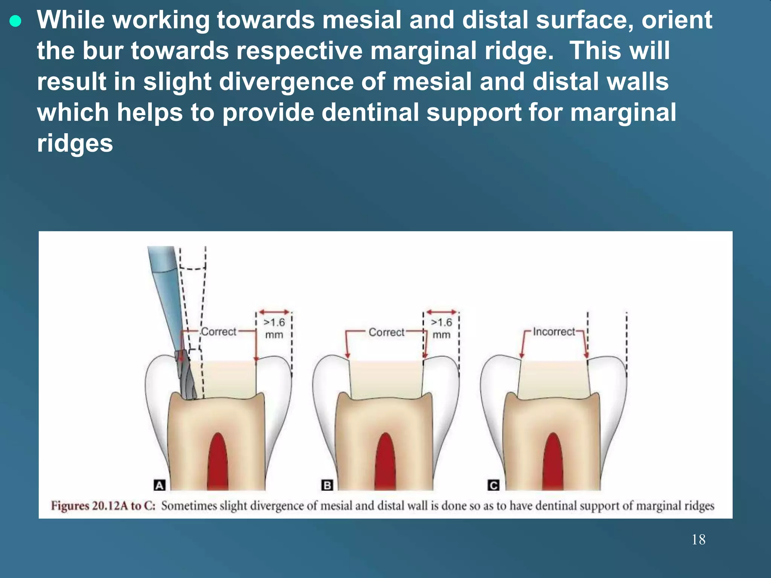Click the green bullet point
click(15, 21)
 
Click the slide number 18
click(698, 539)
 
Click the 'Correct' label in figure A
click(218, 332)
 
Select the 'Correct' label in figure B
click(386, 332)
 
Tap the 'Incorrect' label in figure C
click(554, 332)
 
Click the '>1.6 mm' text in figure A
click(274, 328)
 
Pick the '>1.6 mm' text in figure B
click(441, 328)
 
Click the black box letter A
click(160, 485)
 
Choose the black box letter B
click(327, 485)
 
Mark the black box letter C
click(493, 485)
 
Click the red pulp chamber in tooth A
click(218, 463)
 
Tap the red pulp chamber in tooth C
click(553, 463)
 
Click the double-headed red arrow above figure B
click(441, 312)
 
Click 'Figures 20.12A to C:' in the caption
click(103, 505)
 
